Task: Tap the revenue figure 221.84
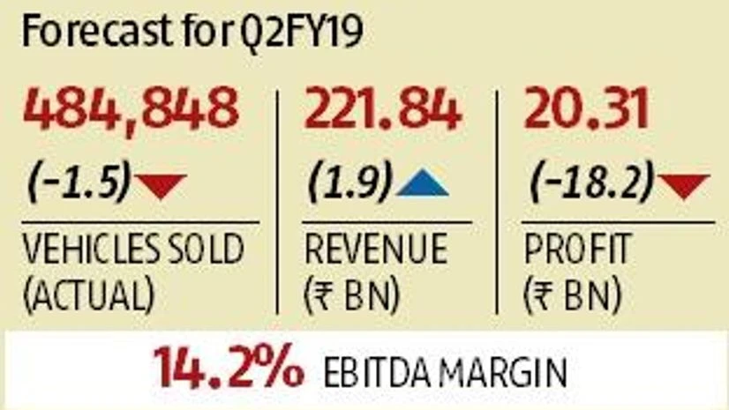pos(383,112)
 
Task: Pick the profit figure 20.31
pos(587,112)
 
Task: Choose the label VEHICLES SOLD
pos(132,250)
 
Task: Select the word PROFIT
pos(577,250)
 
